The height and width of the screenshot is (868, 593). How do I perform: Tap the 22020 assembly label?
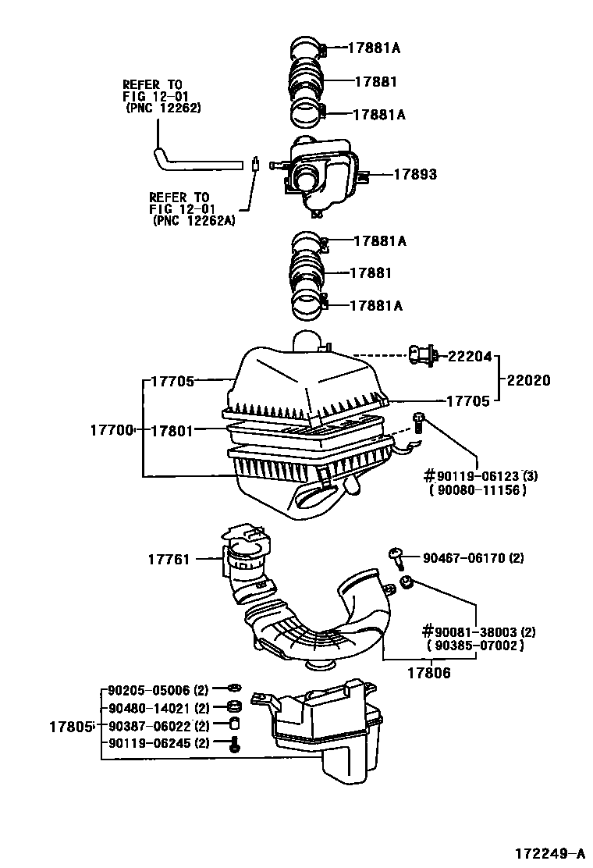click(x=528, y=380)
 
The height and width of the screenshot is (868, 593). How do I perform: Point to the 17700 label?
click(x=112, y=429)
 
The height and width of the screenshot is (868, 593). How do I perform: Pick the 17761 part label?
click(x=169, y=558)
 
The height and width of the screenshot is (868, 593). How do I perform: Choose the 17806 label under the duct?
click(x=429, y=671)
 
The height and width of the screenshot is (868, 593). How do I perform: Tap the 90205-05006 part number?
click(x=149, y=691)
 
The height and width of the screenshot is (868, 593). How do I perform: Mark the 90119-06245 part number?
click(x=149, y=742)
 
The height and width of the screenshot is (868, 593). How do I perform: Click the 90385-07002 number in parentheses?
click(x=475, y=646)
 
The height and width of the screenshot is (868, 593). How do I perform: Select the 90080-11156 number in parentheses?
click(x=477, y=489)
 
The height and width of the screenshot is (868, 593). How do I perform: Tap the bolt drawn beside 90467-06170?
click(x=396, y=557)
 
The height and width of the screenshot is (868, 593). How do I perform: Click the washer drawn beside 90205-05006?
click(x=232, y=690)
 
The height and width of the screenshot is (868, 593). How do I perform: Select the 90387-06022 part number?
click(x=149, y=725)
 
